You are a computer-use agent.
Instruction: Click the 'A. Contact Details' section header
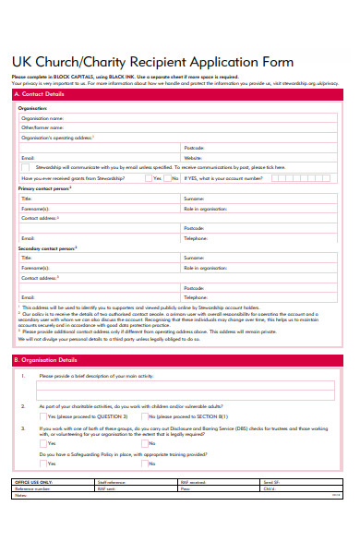(42, 94)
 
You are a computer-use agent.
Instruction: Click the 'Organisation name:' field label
(43, 118)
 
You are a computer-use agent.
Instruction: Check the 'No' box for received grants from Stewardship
(168, 178)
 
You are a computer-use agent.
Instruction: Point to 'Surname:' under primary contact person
(195, 199)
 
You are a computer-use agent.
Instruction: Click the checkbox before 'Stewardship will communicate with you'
(25, 168)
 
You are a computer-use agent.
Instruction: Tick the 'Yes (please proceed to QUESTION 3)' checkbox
(42, 416)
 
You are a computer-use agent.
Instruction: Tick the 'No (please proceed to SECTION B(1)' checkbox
(144, 416)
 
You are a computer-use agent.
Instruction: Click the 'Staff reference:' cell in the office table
(111, 508)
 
